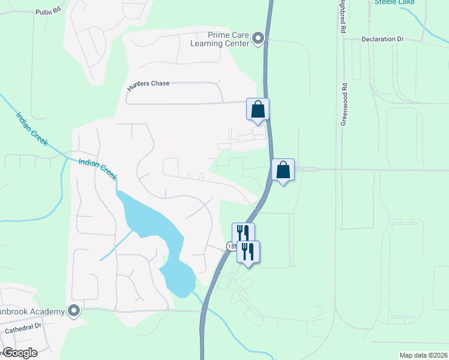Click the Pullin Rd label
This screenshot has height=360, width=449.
click(x=49, y=11)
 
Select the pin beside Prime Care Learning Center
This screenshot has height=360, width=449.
click(x=259, y=39)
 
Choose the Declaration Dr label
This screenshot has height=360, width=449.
click(x=382, y=39)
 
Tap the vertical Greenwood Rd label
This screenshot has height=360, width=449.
click(x=345, y=103)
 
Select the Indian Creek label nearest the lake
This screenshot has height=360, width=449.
click(x=97, y=169)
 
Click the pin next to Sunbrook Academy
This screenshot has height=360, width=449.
click(x=74, y=311)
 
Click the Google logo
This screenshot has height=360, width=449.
click(x=20, y=353)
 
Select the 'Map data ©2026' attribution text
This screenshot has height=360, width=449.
click(x=423, y=355)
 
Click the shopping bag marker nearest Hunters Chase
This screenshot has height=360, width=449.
click(x=258, y=110)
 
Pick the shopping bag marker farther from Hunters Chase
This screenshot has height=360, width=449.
click(x=283, y=170)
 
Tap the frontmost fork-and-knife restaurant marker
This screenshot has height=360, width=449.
click(x=249, y=252)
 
